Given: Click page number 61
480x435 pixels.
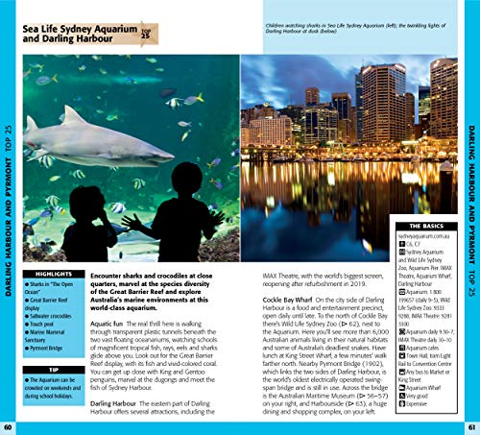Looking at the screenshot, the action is [471, 425].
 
